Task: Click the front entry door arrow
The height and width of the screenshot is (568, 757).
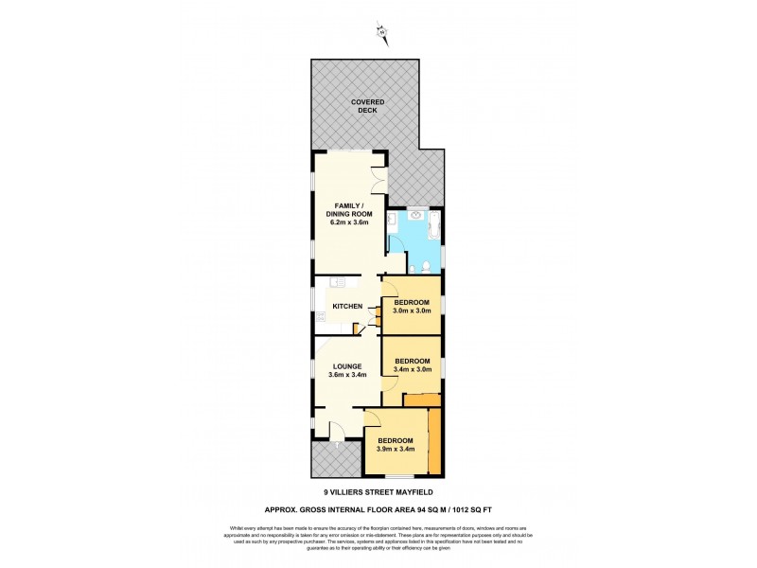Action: point(336,444)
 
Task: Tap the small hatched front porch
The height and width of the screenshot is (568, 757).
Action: point(334,461)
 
